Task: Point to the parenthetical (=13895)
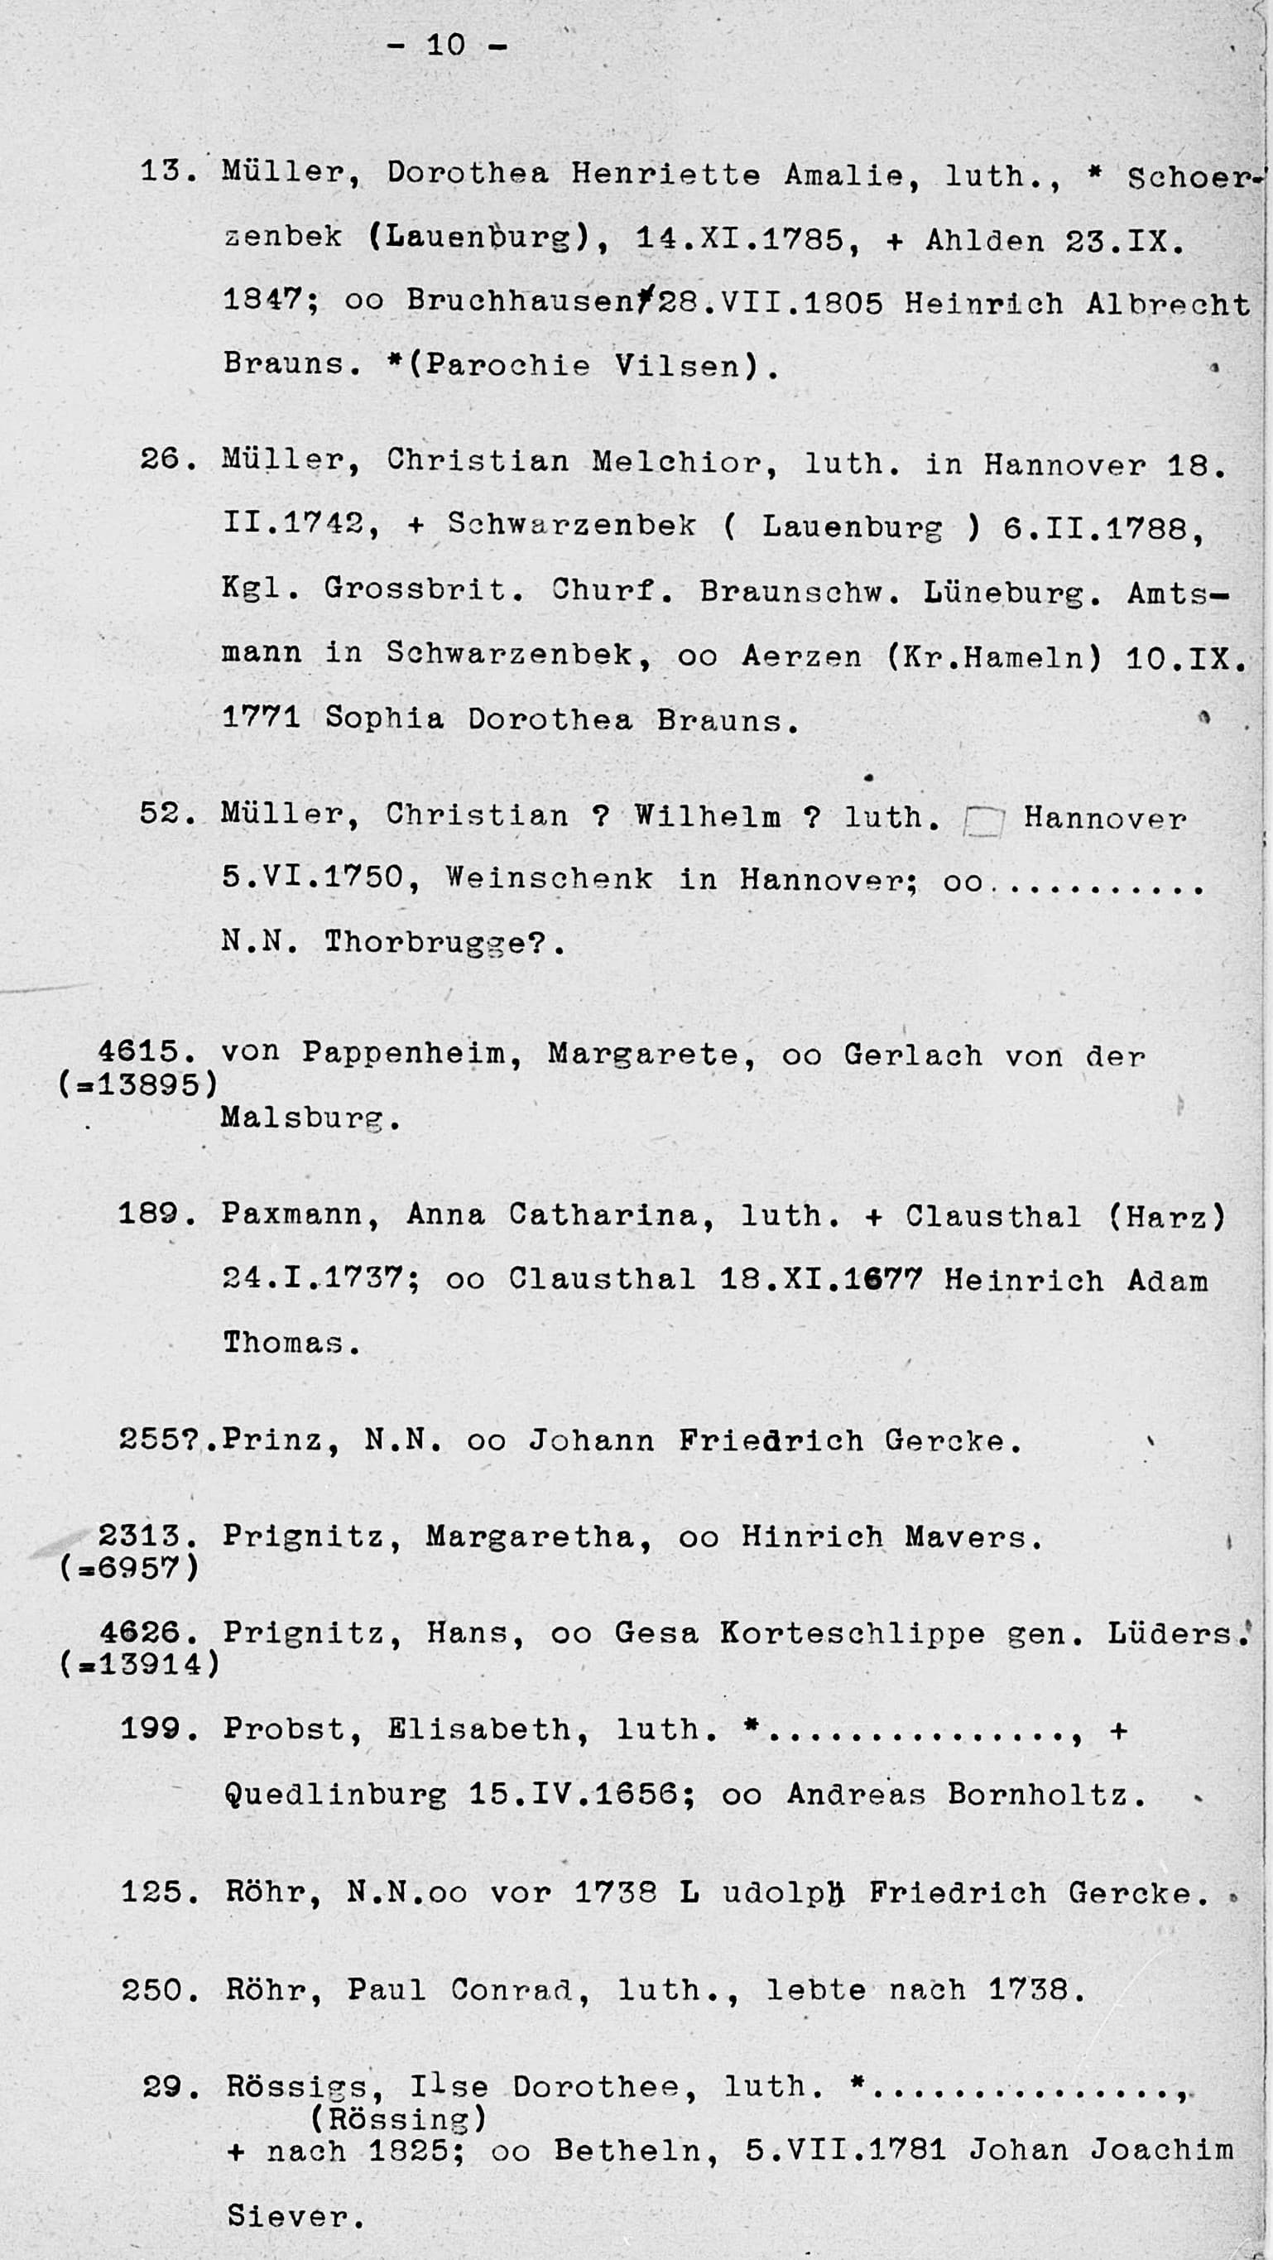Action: click(137, 1085)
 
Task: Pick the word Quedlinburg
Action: click(334, 1794)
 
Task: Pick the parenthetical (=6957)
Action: click(129, 1567)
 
